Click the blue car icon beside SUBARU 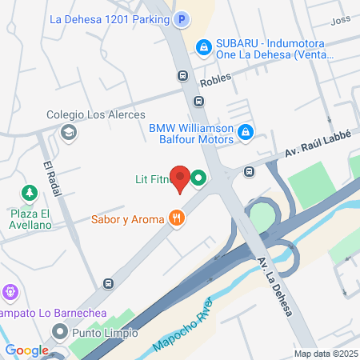[205, 48]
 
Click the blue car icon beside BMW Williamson [246, 131]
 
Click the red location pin [182, 180]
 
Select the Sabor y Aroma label [126, 217]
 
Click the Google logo [26, 350]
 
